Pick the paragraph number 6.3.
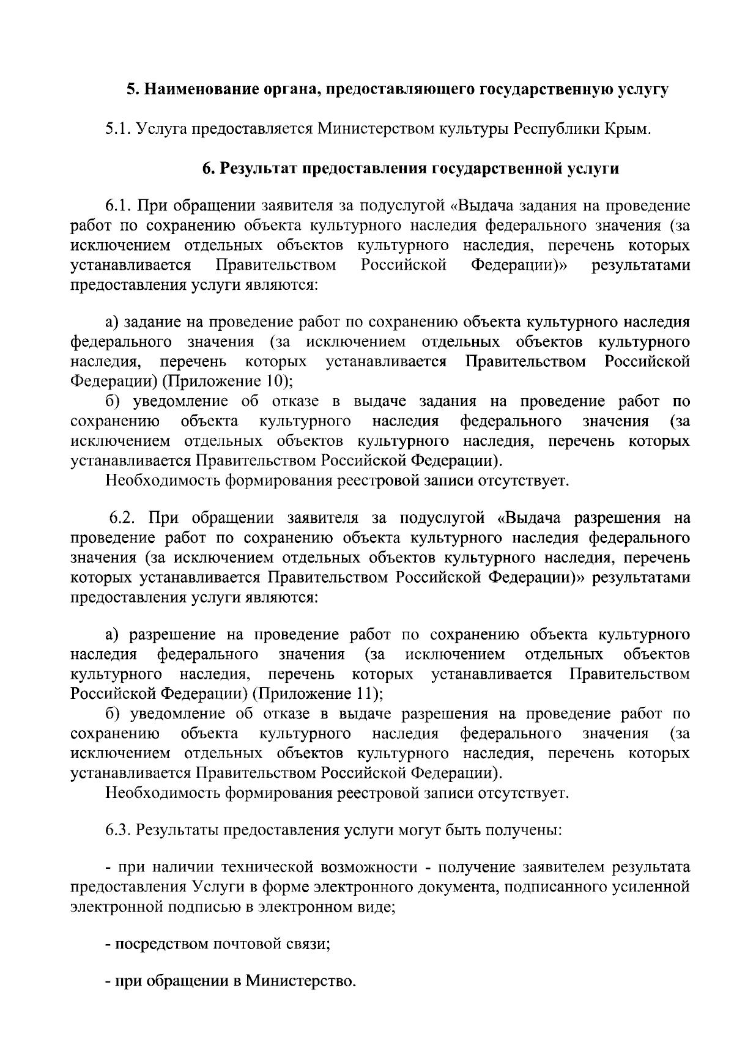point(118,831)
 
